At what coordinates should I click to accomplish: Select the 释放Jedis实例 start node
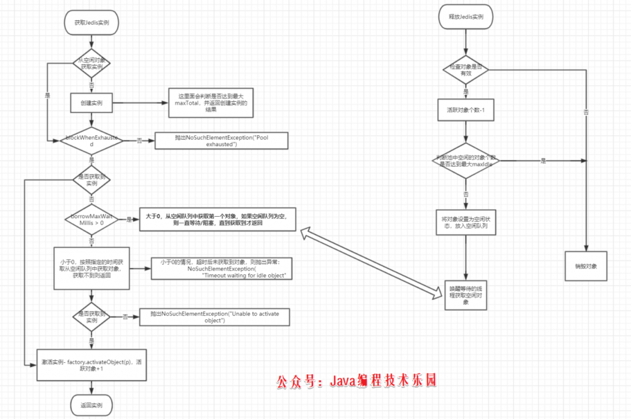(x=466, y=18)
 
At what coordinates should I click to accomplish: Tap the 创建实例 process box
(x=92, y=102)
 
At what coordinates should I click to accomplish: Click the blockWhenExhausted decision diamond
(x=92, y=140)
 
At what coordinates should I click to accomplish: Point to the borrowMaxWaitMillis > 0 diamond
(x=92, y=219)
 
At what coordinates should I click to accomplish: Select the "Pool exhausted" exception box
(x=221, y=140)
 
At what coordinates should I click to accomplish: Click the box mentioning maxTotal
(x=210, y=102)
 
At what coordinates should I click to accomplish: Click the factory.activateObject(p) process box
(x=92, y=365)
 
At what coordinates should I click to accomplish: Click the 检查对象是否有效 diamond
(x=466, y=70)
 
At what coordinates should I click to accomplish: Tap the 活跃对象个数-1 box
(x=466, y=109)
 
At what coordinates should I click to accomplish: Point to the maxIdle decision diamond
(x=466, y=161)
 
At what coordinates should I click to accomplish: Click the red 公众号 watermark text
(x=356, y=381)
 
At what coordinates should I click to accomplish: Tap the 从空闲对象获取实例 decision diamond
(x=92, y=63)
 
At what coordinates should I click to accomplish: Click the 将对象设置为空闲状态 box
(x=466, y=222)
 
